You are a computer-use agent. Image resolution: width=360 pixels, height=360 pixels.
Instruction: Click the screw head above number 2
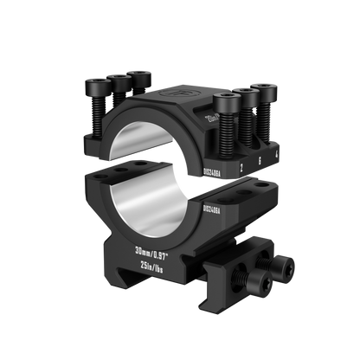[229, 102]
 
